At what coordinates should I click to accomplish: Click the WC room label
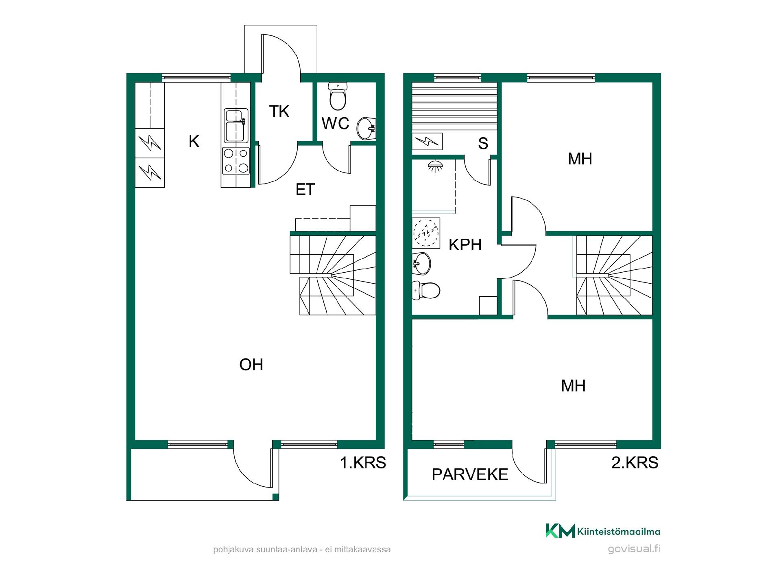[335, 123]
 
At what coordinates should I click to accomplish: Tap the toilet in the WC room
[338, 96]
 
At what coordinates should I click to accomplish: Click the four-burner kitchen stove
[236, 161]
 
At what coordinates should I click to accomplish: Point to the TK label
[279, 111]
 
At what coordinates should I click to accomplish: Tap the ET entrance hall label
[305, 189]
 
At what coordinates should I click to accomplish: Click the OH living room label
[251, 365]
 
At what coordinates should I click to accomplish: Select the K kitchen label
[194, 141]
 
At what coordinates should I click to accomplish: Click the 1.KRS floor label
[363, 463]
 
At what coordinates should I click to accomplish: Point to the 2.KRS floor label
[635, 463]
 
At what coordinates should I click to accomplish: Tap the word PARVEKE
[470, 474]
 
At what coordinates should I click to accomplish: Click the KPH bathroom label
[465, 245]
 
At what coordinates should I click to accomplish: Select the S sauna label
[483, 143]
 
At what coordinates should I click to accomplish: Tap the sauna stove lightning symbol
[427, 141]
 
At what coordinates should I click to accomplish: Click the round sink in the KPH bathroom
[421, 263]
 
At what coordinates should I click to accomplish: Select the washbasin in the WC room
[366, 128]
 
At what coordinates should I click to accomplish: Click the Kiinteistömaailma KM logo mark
[560, 531]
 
